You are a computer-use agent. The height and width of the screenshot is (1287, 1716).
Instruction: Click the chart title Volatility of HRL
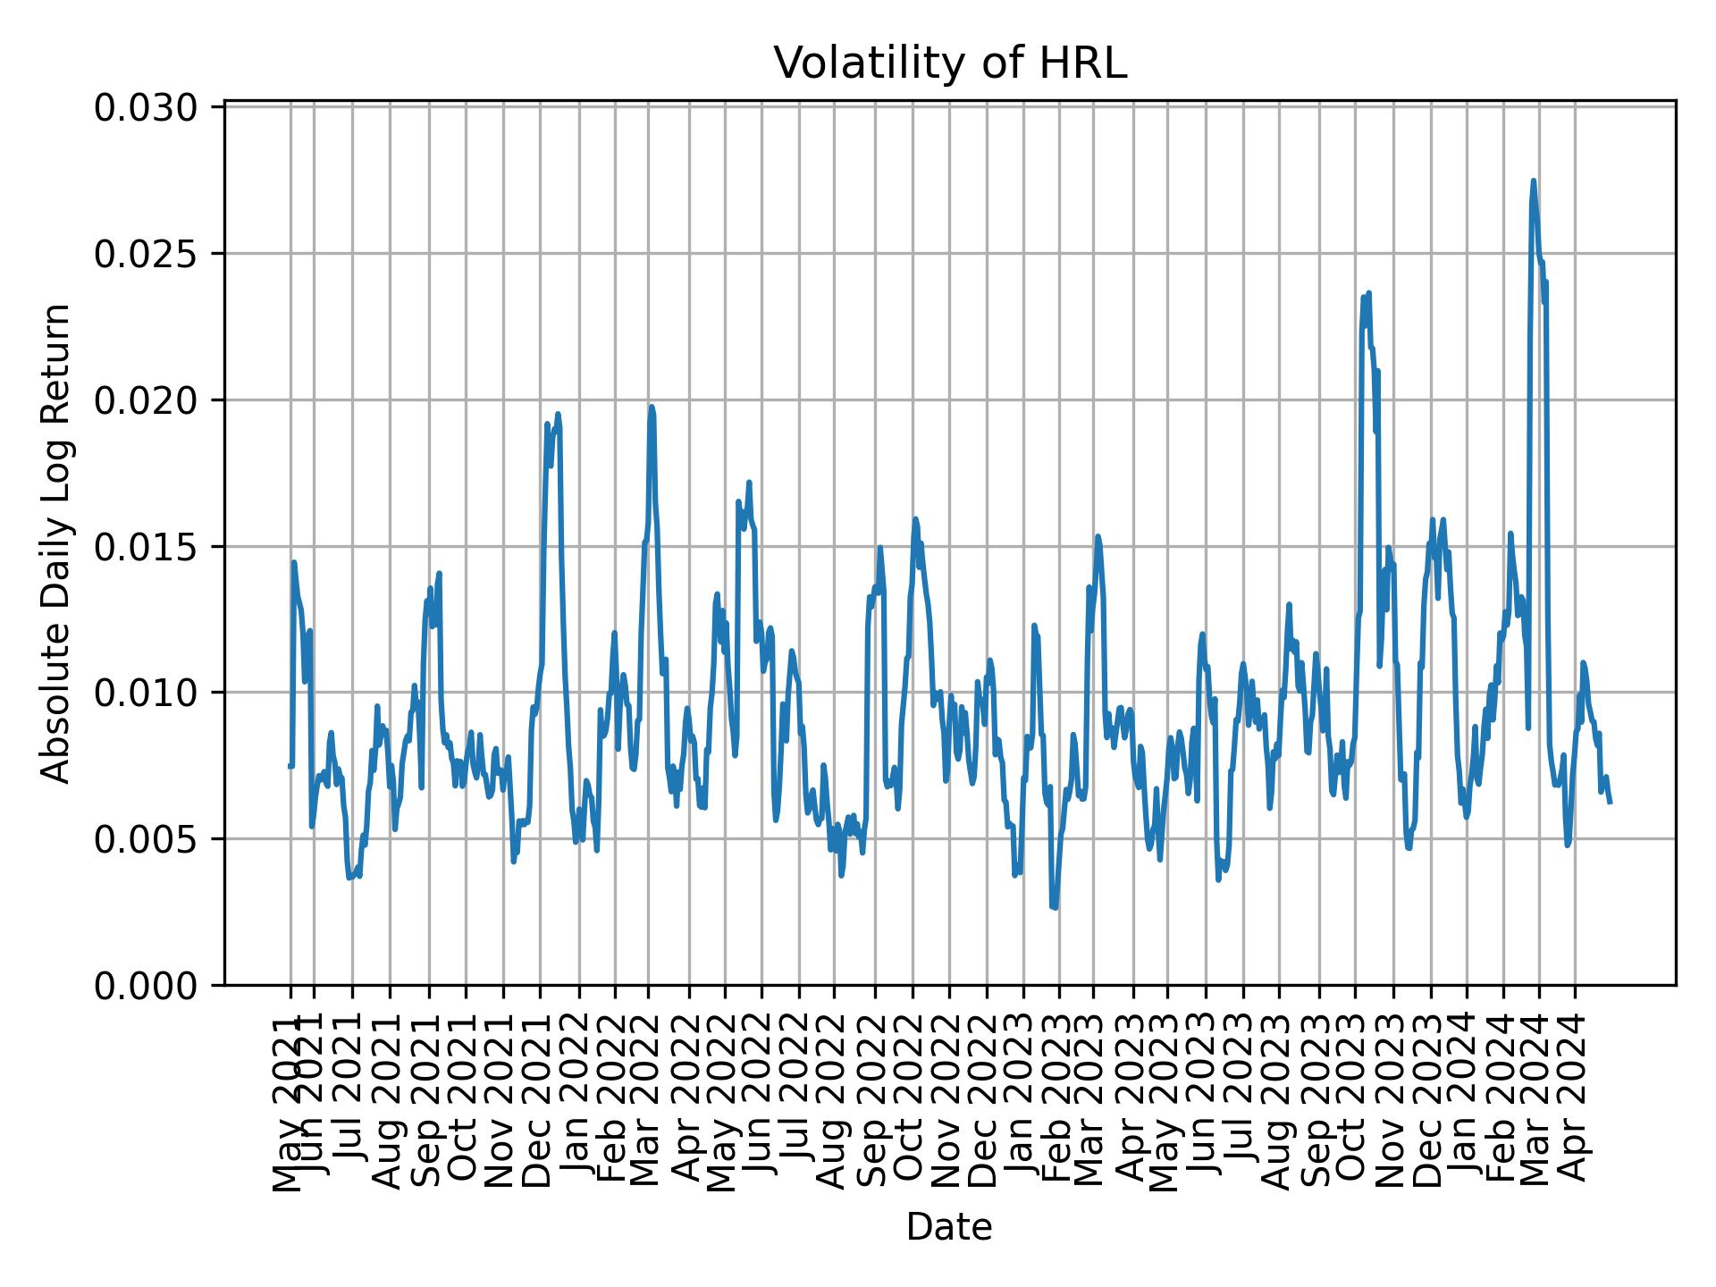click(949, 64)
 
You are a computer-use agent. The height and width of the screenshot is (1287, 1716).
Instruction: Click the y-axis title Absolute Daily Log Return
click(57, 543)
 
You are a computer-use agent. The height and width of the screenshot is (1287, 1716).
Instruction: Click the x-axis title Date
click(949, 1227)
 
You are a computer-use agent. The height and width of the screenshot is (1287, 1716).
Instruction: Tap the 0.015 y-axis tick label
click(147, 546)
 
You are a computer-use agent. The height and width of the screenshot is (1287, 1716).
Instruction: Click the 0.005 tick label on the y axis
click(147, 839)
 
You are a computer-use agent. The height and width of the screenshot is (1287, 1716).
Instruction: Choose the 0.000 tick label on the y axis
click(147, 985)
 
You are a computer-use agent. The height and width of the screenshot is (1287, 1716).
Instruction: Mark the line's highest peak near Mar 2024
click(1534, 181)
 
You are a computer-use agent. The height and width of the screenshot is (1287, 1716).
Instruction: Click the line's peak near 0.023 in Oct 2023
click(1368, 293)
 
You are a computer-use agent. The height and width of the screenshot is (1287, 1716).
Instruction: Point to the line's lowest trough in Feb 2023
click(1055, 908)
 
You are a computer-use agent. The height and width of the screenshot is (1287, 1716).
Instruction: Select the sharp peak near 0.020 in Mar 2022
click(652, 407)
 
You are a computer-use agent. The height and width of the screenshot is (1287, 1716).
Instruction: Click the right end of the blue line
click(1610, 802)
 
